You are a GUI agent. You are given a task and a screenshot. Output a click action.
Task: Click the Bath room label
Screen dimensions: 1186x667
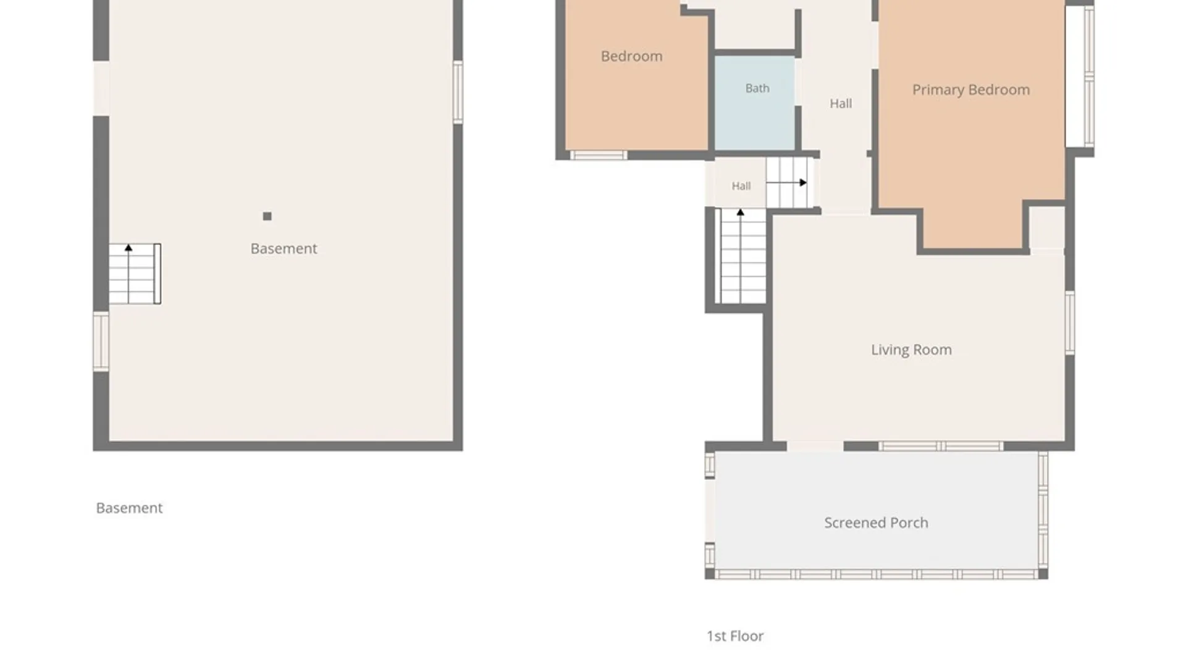[x=757, y=88]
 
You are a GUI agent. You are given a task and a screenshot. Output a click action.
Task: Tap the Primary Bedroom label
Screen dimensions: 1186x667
[x=971, y=90]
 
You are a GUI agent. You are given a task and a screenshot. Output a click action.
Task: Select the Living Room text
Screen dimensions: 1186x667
[x=911, y=350]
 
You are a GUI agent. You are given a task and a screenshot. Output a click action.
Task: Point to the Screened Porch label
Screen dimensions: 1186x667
[x=876, y=522]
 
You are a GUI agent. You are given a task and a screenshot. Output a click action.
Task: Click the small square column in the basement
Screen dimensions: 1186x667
[x=267, y=216]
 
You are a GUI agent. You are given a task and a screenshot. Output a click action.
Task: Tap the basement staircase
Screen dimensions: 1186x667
[x=135, y=274]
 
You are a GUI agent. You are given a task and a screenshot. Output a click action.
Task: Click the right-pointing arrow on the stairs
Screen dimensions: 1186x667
[x=786, y=183]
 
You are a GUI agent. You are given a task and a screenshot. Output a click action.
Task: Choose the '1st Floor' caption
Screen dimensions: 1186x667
[x=735, y=636]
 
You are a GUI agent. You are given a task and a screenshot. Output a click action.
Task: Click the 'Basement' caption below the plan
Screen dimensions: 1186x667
[x=129, y=508]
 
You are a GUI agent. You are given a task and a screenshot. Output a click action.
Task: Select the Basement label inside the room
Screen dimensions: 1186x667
[x=284, y=249]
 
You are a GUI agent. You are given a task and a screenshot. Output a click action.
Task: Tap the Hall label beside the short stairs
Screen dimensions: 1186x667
[x=741, y=186]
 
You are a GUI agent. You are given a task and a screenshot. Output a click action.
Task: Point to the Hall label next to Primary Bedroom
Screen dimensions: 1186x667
[x=841, y=104]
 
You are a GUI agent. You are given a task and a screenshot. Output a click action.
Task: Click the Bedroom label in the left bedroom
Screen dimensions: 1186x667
[x=631, y=56]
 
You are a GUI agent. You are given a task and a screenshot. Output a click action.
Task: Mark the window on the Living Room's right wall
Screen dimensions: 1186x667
[x=1070, y=323]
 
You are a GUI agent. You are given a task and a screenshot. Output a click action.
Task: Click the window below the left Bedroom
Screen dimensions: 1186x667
[x=598, y=155]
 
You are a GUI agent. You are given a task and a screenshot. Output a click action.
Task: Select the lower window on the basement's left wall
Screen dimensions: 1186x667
[x=101, y=342]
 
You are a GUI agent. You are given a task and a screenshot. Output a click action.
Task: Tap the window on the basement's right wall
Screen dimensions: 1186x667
[x=458, y=92]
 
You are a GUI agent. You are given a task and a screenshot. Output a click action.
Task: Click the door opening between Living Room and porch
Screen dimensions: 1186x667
[x=815, y=446]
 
